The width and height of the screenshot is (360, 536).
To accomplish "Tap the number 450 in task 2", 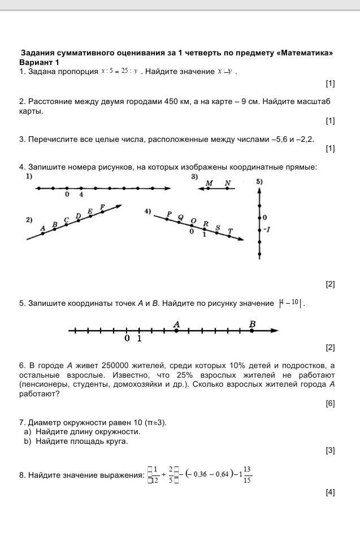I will pos(171,101).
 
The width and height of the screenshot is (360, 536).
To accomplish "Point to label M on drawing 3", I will pos(209,183).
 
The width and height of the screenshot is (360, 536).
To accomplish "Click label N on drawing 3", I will pos(227,183).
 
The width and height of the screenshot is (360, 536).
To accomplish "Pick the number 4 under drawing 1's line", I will pos(81,195).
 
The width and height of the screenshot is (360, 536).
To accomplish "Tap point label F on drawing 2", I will pos(102,208).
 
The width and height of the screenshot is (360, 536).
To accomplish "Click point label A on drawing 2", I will pos(43,228).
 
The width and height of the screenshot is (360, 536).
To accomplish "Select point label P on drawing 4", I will pos(168,214).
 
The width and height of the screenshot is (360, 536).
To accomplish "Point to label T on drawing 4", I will pos(229,231).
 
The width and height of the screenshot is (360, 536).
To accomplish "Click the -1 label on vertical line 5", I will pos(266,230).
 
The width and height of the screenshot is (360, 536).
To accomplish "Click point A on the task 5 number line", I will pos(176,331).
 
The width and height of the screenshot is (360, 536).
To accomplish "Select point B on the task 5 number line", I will pos(252,331).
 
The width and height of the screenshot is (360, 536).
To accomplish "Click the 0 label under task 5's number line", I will pos(127,339).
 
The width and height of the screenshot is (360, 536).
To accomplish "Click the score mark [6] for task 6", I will pos(330,403).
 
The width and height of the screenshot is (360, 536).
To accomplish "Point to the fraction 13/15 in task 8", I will pos(248,476).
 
